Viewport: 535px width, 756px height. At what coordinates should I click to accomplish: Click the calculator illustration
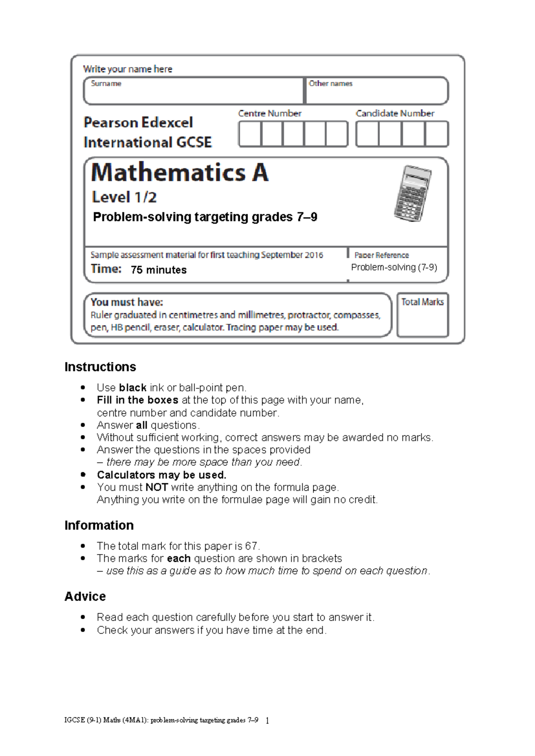413,193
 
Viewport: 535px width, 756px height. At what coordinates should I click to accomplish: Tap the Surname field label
106,83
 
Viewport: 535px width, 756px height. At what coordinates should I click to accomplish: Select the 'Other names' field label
330,83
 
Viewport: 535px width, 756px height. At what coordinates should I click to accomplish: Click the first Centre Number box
250,134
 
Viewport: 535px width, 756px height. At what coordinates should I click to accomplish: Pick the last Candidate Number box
436,134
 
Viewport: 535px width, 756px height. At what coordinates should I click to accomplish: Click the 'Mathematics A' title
180,173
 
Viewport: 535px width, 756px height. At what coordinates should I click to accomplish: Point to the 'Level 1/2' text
124,197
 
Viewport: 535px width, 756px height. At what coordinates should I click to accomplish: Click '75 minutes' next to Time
159,270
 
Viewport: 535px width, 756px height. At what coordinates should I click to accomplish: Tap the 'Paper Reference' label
381,255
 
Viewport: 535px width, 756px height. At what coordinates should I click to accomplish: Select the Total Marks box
422,315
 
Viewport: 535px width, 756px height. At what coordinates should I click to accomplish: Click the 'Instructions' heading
100,367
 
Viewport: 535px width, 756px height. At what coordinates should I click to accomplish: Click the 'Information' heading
99,525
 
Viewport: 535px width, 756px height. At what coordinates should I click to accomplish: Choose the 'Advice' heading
85,596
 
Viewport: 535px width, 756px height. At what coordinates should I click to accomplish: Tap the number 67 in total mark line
251,546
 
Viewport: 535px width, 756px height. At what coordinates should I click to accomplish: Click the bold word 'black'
133,387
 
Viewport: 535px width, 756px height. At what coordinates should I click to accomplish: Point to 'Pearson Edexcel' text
138,122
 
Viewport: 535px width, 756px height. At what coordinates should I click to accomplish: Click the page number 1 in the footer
267,720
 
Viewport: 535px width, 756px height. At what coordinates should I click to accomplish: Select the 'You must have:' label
127,302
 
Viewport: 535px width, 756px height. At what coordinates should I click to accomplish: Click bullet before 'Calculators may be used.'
83,475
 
